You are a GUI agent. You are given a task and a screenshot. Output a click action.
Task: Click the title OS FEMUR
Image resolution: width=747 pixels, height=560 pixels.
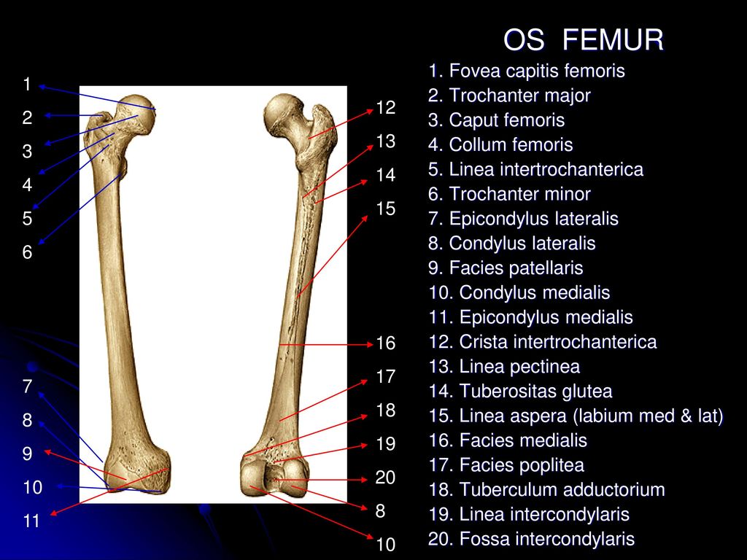tap(583, 39)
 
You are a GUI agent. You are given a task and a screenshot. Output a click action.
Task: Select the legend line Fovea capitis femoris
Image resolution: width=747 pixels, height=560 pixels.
tap(527, 71)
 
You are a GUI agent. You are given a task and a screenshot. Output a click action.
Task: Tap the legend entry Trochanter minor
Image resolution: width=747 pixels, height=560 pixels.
tap(509, 194)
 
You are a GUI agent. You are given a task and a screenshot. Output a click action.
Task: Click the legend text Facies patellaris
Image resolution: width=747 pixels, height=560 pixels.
tap(506, 268)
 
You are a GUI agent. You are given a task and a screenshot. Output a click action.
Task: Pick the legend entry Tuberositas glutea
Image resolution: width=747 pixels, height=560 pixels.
tap(520, 391)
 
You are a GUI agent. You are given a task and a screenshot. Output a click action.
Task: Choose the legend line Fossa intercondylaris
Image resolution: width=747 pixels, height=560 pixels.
tap(531, 539)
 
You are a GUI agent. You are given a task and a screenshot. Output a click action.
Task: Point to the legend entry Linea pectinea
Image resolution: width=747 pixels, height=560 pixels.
tap(504, 367)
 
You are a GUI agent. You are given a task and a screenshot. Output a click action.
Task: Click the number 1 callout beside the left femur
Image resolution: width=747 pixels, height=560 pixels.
tap(27, 85)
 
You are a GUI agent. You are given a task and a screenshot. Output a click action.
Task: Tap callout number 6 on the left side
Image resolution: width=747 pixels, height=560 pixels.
tap(27, 252)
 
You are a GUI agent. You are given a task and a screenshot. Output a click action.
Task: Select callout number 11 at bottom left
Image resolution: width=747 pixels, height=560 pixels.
tap(31, 521)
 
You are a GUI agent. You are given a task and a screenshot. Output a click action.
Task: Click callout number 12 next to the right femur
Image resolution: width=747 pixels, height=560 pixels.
tap(385, 108)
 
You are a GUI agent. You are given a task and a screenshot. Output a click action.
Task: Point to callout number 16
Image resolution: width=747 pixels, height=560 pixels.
tap(385, 343)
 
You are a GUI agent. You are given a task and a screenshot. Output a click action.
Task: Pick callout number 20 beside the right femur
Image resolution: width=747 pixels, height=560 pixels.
tap(385, 477)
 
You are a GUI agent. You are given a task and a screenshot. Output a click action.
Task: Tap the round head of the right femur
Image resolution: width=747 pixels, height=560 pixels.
tap(284, 113)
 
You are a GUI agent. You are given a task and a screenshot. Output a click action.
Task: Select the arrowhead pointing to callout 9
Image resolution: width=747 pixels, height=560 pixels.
tap(48, 451)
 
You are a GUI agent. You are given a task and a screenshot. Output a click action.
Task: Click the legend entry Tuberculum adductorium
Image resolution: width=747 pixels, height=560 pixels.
tap(546, 489)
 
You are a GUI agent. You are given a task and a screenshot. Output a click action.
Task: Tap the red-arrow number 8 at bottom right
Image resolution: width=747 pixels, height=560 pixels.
tap(380, 511)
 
